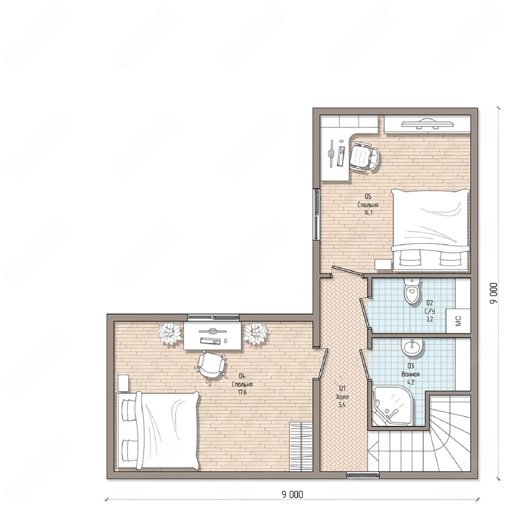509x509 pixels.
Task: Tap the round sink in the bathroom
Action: (x=412, y=348)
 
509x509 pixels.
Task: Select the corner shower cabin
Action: (x=393, y=406)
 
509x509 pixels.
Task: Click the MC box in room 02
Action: (x=458, y=321)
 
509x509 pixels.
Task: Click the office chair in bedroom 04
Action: (x=210, y=366)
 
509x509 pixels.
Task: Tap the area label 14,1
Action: (x=368, y=213)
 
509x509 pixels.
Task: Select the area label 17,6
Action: (x=242, y=392)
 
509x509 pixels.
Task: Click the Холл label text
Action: (x=342, y=397)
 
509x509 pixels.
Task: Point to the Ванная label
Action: (x=411, y=374)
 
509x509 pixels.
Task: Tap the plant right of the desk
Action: (x=255, y=333)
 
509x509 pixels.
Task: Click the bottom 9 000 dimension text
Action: (x=292, y=494)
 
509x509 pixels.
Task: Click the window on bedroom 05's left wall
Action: (x=316, y=214)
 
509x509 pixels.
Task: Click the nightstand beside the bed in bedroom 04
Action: (x=123, y=383)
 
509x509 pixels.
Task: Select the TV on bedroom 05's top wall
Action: (x=427, y=124)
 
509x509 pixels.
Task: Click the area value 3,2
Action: (x=430, y=319)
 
